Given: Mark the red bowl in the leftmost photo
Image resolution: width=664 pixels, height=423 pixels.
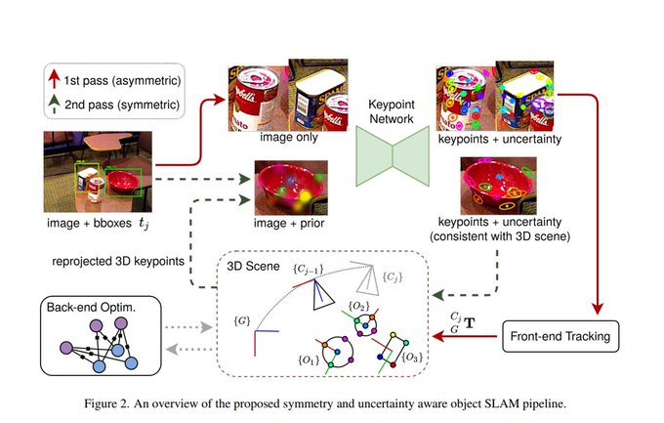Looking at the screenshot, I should click(127, 182).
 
